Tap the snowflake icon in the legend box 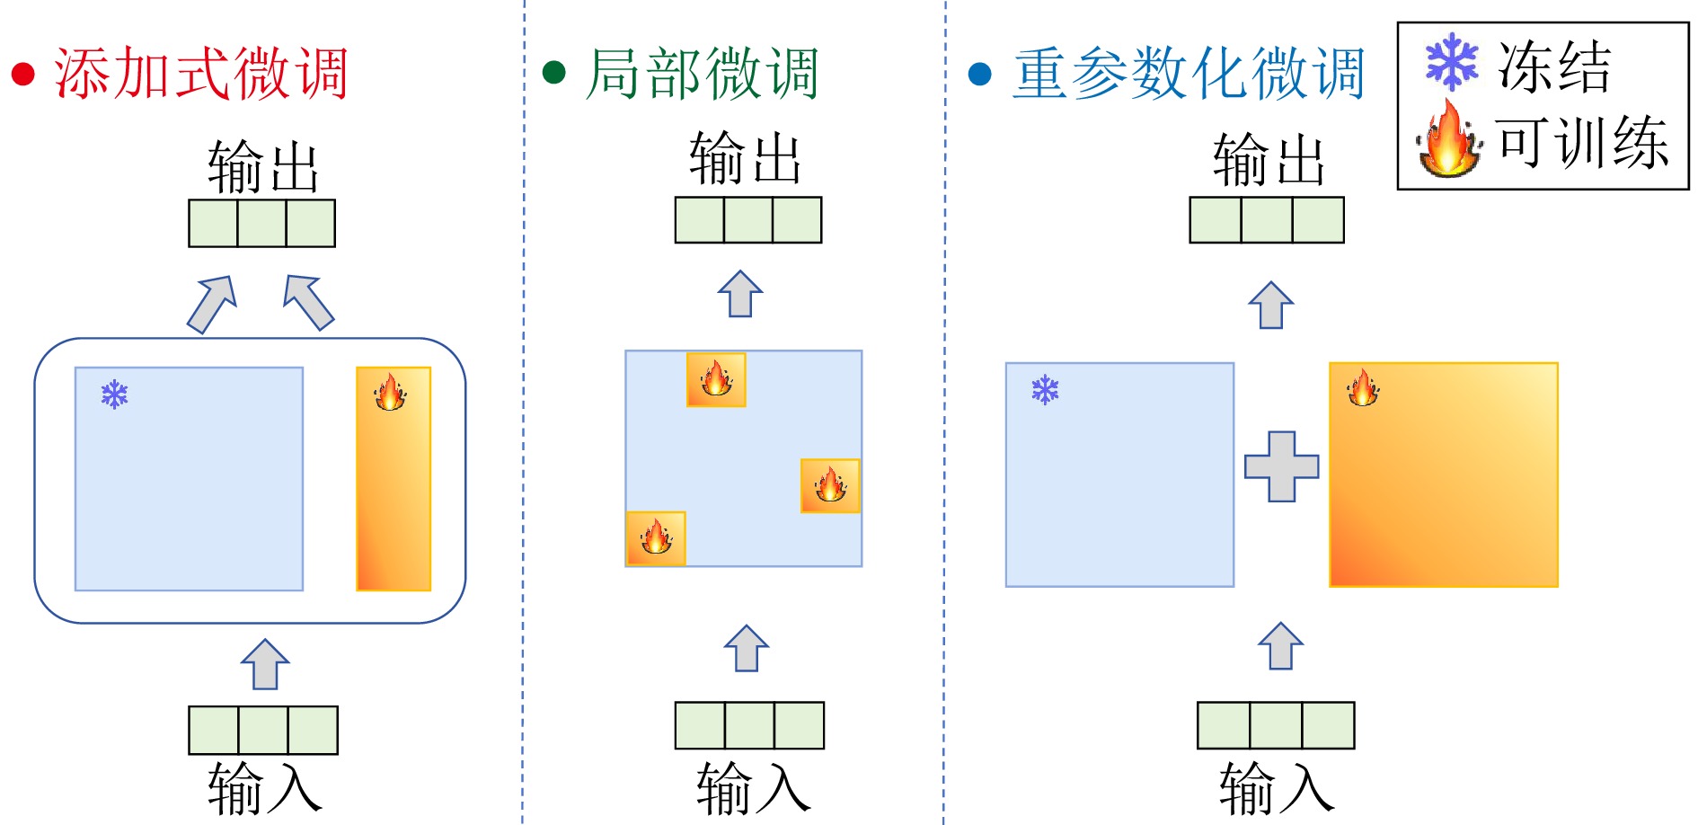click(x=1451, y=62)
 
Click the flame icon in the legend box click(x=1448, y=140)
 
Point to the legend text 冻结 click(x=1554, y=67)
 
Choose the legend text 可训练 click(x=1582, y=142)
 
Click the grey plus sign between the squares click(x=1281, y=466)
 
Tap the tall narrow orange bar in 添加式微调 click(x=394, y=478)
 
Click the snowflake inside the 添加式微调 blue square click(x=115, y=395)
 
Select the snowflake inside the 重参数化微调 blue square click(x=1045, y=390)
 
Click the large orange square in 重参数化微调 click(x=1443, y=475)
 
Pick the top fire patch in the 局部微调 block click(x=716, y=379)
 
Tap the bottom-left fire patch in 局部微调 click(x=656, y=538)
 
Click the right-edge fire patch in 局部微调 click(x=830, y=485)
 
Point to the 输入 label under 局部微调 click(x=753, y=788)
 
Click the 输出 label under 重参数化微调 click(x=1268, y=160)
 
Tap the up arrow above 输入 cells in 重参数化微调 click(x=1280, y=646)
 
